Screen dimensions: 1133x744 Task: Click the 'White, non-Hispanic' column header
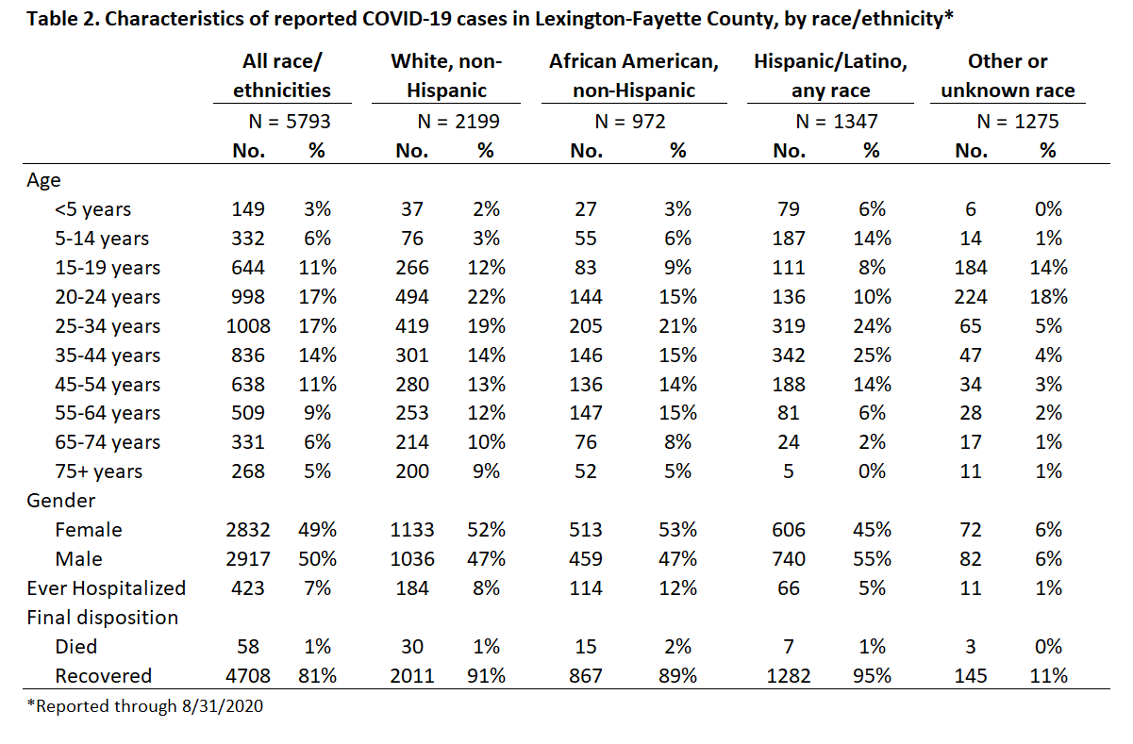point(446,75)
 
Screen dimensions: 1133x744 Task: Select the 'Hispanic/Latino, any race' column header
point(830,75)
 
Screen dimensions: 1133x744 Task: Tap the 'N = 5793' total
point(290,122)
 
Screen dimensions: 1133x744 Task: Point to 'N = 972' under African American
point(630,122)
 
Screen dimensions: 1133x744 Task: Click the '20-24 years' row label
point(108,297)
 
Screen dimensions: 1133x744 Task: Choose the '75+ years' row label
point(99,471)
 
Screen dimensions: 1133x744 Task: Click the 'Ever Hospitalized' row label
point(107,588)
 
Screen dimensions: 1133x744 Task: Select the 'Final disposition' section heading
point(102,618)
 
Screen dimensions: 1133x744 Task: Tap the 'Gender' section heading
point(60,501)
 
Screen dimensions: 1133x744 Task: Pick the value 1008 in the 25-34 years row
point(248,326)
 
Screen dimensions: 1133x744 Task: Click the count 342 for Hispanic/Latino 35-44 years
point(789,355)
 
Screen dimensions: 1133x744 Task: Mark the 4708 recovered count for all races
point(248,676)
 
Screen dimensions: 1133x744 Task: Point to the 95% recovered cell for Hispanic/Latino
point(872,676)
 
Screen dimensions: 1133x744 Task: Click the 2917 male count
point(248,559)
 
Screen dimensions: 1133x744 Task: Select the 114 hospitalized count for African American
point(586,588)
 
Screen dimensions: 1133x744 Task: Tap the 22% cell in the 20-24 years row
point(486,297)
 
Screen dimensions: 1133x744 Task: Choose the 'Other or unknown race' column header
point(1008,75)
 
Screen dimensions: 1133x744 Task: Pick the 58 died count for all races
point(248,647)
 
